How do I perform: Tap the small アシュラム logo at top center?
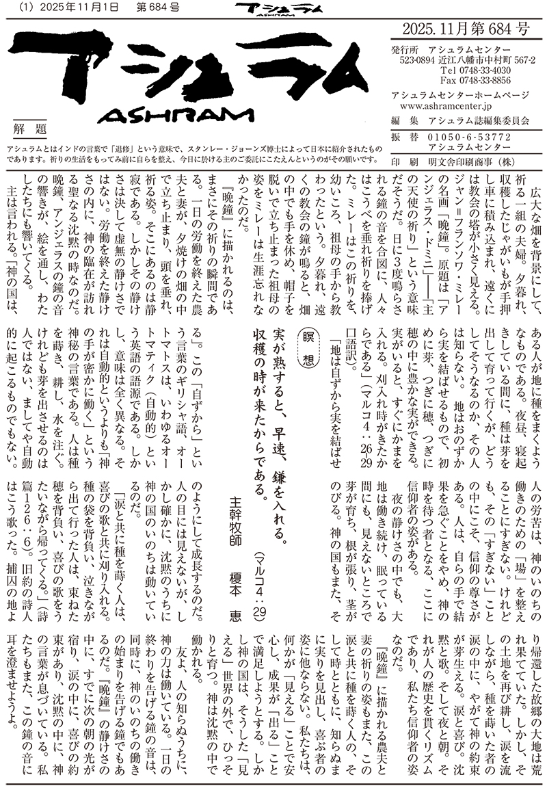(x=267, y=9)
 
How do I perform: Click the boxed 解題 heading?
(x=30, y=128)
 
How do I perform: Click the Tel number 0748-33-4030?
(x=476, y=70)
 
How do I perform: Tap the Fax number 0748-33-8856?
(x=476, y=80)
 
